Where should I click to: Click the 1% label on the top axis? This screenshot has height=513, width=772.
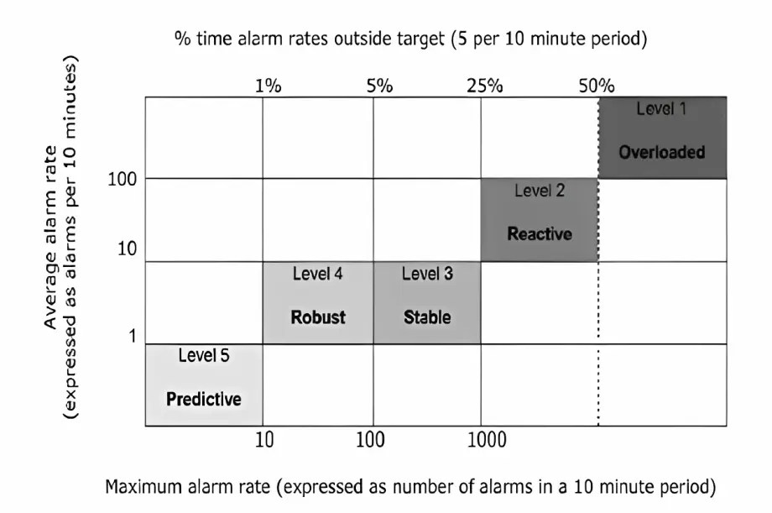pos(269,86)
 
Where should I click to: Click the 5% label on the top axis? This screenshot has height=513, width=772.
pos(379,86)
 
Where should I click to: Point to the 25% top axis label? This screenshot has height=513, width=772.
pos(485,86)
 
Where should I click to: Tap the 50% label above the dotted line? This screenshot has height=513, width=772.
pos(597,86)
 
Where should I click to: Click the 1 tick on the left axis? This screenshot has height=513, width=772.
pos(131,336)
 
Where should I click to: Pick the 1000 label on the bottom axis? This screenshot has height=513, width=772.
pos(482,441)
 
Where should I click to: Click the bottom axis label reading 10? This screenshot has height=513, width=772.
pos(264,441)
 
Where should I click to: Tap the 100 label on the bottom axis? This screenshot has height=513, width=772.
pos(370,441)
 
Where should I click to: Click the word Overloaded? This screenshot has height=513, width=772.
pos(661,152)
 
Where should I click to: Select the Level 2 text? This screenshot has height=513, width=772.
pos(539,191)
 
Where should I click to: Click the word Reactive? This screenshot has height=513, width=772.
pos(539,233)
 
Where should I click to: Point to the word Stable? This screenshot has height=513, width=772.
pos(427,317)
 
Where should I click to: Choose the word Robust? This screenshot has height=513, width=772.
pos(318,317)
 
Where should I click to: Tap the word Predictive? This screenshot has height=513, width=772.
pos(203,399)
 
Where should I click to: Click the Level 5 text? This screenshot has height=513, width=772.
pos(203,355)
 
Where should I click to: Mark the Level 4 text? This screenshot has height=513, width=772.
pos(317,274)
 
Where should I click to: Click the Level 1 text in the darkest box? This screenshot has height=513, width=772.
pos(661,109)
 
